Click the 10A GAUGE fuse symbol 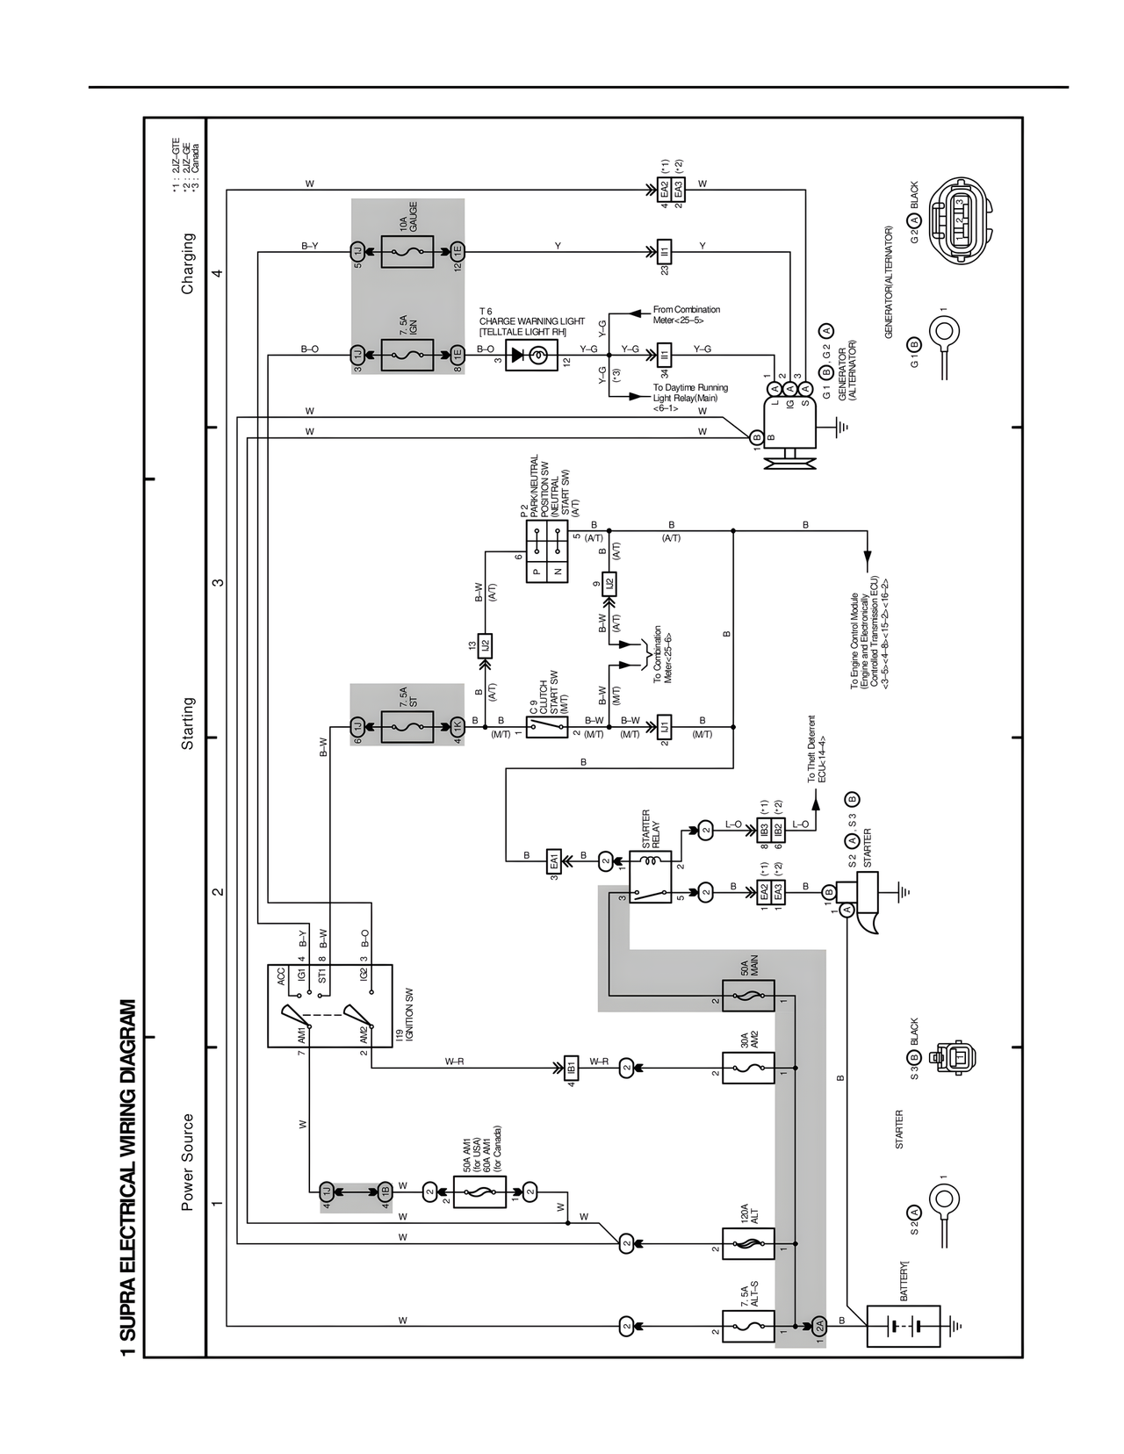pos(407,251)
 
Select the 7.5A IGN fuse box pos(407,354)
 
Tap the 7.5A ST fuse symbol pos(407,726)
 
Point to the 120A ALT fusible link pos(748,1243)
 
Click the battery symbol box pos(903,1325)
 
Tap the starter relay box pos(651,876)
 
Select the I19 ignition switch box pos(330,1006)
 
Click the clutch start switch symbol pos(547,726)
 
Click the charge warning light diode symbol pos(530,354)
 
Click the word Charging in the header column pos(188,263)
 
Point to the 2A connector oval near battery pos(818,1325)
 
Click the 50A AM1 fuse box pos(479,1191)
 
